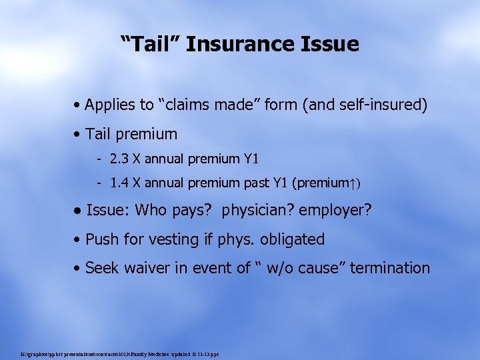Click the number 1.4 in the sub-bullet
121,182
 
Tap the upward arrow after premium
355,182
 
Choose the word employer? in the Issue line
335,211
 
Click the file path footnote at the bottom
120,353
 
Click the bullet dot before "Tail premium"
79,135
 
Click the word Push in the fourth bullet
101,239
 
